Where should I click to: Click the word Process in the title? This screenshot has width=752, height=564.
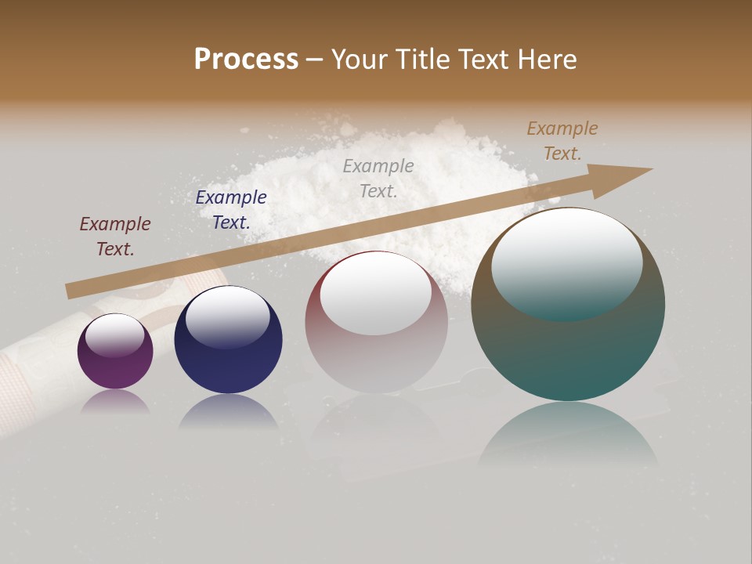[246, 60]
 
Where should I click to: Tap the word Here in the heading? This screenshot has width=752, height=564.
[545, 60]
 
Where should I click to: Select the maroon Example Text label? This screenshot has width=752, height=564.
[115, 237]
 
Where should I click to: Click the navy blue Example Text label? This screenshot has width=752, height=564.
[231, 210]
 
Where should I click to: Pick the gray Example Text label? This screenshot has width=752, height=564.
[378, 178]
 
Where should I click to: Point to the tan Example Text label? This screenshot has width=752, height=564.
[562, 141]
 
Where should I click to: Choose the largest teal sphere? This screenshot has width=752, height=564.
[568, 345]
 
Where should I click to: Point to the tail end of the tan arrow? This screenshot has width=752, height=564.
[70, 291]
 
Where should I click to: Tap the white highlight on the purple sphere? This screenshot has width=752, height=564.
[115, 334]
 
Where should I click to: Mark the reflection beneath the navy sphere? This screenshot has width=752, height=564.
[228, 413]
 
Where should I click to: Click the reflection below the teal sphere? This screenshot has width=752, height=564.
[568, 435]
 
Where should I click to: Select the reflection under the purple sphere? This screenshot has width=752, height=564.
[115, 402]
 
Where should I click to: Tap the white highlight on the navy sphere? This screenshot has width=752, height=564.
[227, 317]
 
